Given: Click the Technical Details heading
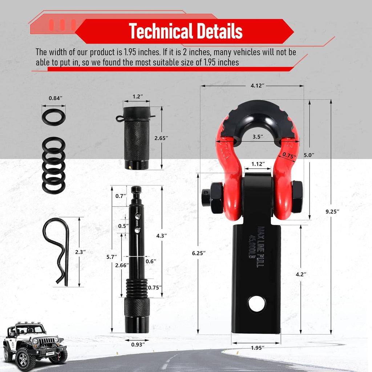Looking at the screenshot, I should (x=186, y=31).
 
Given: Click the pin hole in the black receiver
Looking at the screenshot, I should (x=257, y=304).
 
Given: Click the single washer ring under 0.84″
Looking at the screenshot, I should (x=53, y=117).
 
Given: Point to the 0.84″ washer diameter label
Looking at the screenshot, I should (x=56, y=98).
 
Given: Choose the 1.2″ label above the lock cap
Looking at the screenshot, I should (x=137, y=97).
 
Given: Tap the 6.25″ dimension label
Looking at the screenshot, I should (x=209, y=253).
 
